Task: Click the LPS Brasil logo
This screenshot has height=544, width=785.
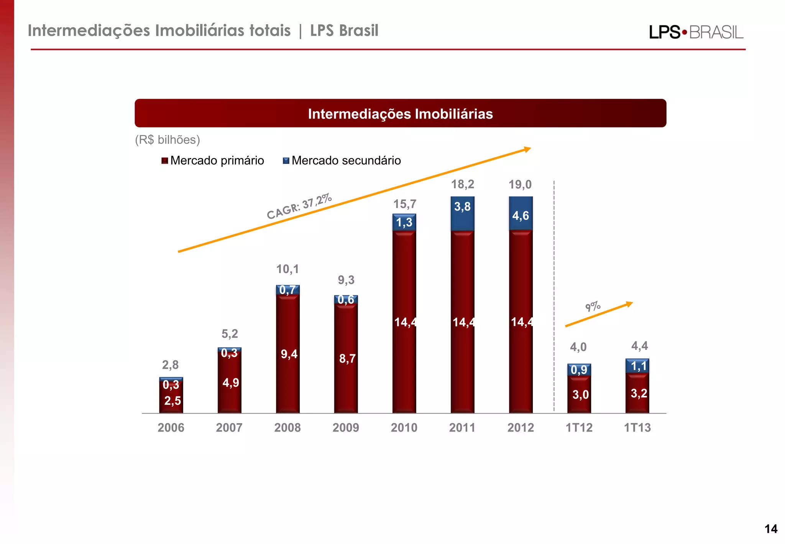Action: pos(696,32)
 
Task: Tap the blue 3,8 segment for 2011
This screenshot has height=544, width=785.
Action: pos(462,213)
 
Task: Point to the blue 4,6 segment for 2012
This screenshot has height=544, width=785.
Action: pos(521,214)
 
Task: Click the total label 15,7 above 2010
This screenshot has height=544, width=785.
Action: pos(405,204)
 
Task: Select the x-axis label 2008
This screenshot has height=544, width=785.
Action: pos(287,427)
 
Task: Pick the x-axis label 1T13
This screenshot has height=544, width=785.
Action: pos(637,427)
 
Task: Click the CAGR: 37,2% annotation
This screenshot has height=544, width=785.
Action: pos(299,206)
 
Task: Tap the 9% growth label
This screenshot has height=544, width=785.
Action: pos(593,307)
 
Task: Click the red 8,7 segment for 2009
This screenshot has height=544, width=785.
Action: pos(346,358)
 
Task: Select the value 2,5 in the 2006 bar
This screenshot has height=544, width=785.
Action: pos(172,401)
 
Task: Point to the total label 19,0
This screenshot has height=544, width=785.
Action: pos(520,185)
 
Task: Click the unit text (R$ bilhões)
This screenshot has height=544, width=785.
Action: pos(168,140)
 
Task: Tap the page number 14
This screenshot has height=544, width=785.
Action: pos(771,529)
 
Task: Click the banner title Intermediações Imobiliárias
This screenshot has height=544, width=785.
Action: pos(400,114)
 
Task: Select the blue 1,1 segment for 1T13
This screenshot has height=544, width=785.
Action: pos(638,366)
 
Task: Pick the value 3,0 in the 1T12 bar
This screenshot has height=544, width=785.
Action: pos(580,394)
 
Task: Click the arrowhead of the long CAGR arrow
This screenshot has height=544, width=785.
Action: pos(528,149)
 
